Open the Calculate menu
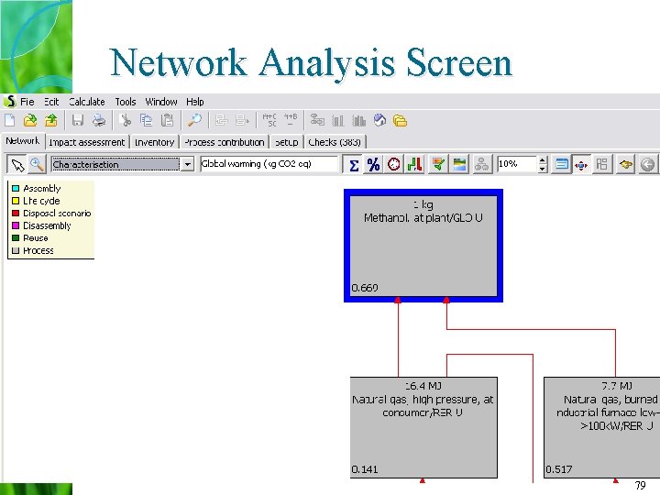[87, 102]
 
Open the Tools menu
[126, 102]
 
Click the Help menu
[195, 102]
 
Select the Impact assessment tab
[87, 142]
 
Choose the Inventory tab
[154, 142]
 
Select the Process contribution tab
[224, 142]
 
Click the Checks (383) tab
[335, 142]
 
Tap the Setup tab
[287, 142]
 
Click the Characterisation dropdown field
[115, 164]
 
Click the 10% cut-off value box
[516, 164]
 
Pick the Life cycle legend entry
[41, 201]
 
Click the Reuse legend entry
[36, 238]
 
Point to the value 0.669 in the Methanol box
[365, 289]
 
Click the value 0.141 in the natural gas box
[365, 470]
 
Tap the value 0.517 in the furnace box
[558, 470]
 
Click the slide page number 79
[640, 486]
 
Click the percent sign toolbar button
[373, 164]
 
